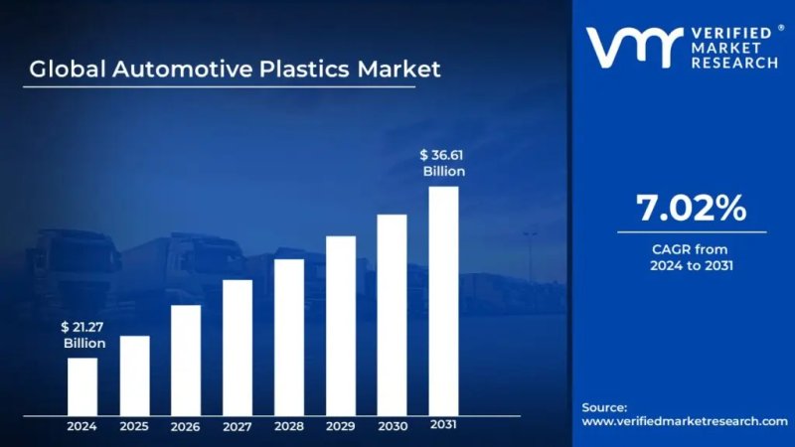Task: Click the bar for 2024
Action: click(82, 384)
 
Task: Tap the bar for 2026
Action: click(186, 359)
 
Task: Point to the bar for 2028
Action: click(289, 336)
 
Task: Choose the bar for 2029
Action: click(341, 324)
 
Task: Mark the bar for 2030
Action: click(393, 313)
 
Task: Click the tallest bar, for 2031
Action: click(443, 299)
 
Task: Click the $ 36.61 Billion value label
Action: click(442, 163)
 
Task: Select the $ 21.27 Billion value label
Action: click(83, 335)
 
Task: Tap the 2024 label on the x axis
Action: click(82, 426)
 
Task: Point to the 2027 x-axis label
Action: click(238, 426)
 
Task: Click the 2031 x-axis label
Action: click(443, 425)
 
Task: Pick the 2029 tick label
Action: click(341, 426)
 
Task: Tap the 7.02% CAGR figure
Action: click(690, 209)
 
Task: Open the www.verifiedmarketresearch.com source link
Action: click(684, 421)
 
